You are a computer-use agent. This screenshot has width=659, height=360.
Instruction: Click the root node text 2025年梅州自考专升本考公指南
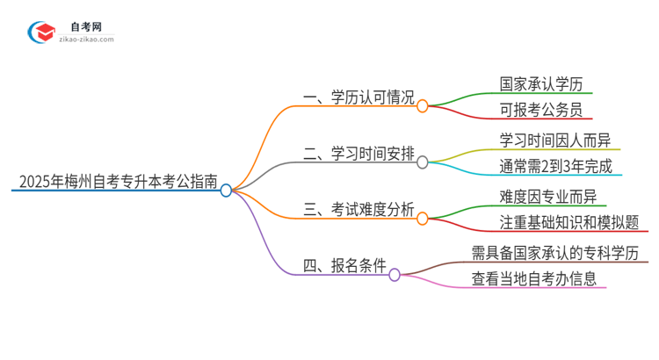pyautogui.click(x=115, y=182)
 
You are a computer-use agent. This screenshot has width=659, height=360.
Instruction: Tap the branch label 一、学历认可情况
pyautogui.click(x=358, y=98)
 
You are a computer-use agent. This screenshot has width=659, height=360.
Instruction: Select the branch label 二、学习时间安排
pyautogui.click(x=358, y=155)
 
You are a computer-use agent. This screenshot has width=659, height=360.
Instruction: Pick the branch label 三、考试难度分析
pyautogui.click(x=358, y=211)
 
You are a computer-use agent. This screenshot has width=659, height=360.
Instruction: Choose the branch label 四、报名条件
pyautogui.click(x=344, y=267)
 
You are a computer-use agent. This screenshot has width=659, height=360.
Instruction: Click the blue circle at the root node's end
pyautogui.click(x=226, y=190)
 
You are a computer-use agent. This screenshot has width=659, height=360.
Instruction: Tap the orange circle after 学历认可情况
pyautogui.click(x=423, y=106)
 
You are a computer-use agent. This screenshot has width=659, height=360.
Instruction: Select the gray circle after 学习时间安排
pyautogui.click(x=423, y=162)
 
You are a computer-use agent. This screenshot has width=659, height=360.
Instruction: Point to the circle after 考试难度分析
pyautogui.click(x=423, y=219)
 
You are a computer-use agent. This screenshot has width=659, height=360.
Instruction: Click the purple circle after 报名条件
pyautogui.click(x=395, y=275)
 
